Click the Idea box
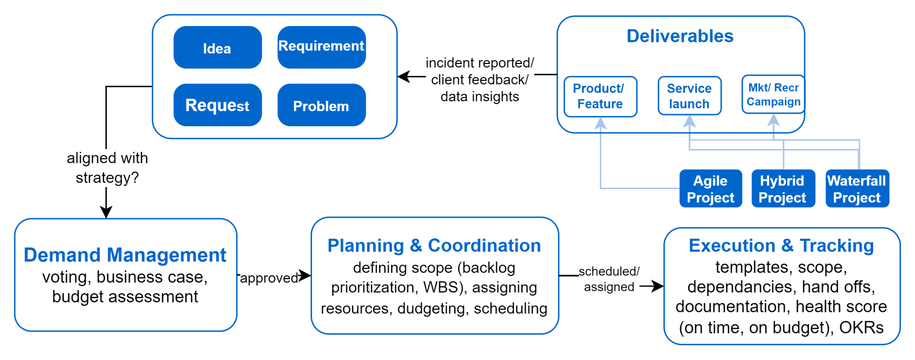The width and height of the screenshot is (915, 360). point(217,48)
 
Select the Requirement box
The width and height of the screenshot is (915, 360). point(321,47)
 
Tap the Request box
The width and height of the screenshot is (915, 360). point(217,105)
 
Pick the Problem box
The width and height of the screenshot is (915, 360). point(321,106)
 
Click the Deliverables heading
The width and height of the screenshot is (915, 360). point(680,36)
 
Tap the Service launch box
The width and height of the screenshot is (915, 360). point(689,96)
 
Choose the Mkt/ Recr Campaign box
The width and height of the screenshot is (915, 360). point(773,95)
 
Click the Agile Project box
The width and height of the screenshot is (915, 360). point(710,189)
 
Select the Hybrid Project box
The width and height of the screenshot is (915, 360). point(782,189)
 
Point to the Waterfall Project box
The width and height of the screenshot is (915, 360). point(857,189)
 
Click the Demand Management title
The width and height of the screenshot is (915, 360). point(125,255)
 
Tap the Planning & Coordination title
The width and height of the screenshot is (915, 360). point(434,246)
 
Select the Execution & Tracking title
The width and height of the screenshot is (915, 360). point(781,246)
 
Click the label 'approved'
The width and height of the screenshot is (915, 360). point(269,278)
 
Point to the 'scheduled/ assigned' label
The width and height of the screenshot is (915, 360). point(609,279)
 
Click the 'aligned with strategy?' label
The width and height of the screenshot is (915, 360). point(107,168)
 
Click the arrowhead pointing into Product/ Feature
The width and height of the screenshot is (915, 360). point(600,123)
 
